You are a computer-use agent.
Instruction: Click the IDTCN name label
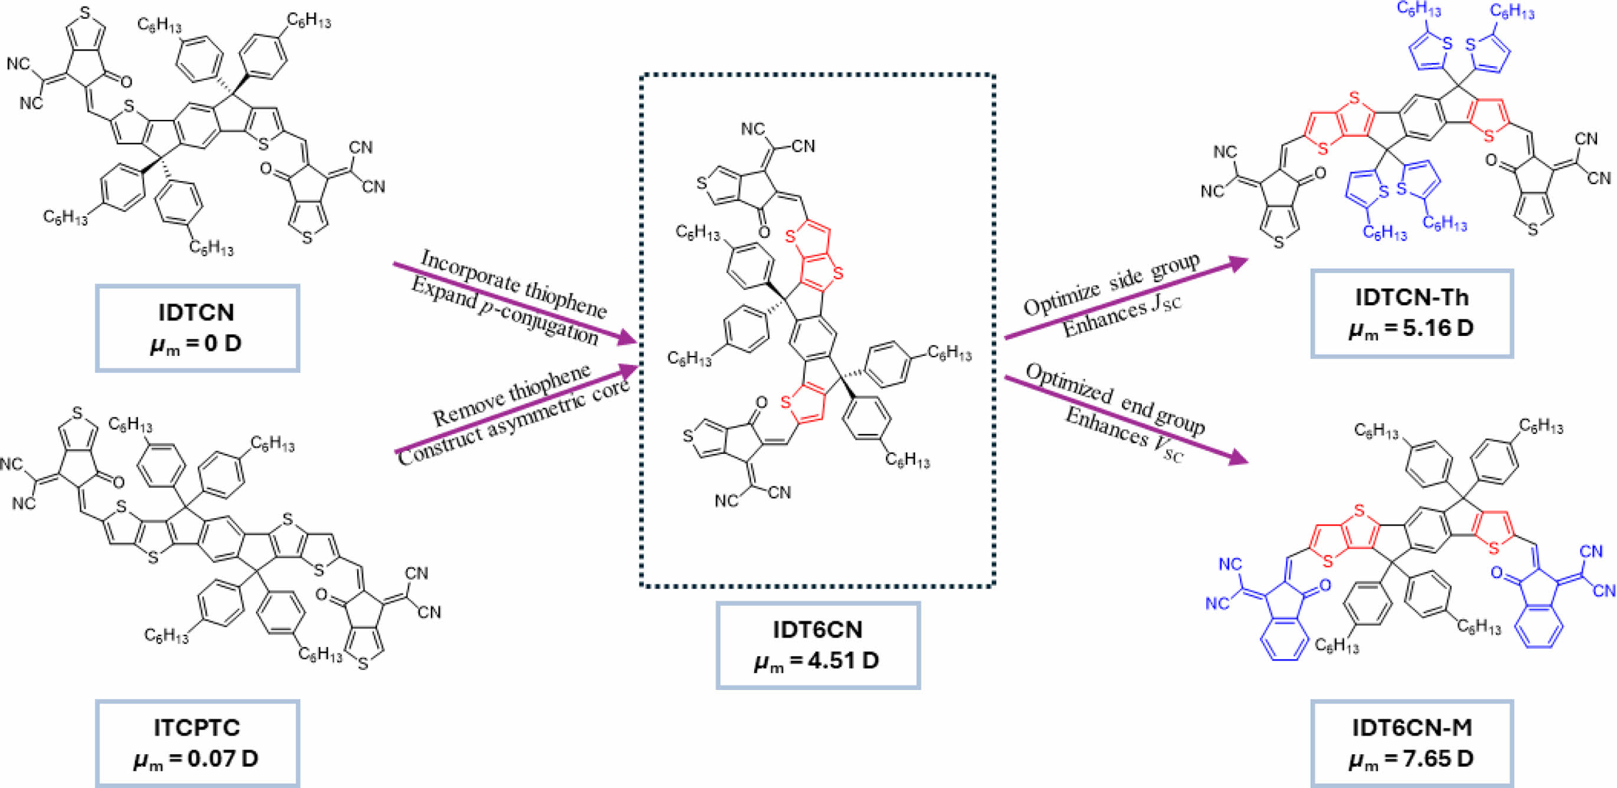(197, 312)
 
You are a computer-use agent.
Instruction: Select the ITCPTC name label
(197, 727)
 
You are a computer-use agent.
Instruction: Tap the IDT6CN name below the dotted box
(817, 629)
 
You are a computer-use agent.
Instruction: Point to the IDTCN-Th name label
(1412, 297)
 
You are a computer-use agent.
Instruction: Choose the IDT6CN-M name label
(1412, 727)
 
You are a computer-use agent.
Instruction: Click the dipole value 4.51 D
(817, 661)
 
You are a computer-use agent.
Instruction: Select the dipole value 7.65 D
(1412, 758)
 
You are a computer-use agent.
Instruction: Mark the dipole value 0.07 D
(197, 758)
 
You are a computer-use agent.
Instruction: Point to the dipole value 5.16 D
(1412, 328)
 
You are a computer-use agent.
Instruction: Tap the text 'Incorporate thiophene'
(513, 283)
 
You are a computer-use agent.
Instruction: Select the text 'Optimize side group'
(1112, 285)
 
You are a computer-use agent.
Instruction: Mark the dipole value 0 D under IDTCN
(197, 344)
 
